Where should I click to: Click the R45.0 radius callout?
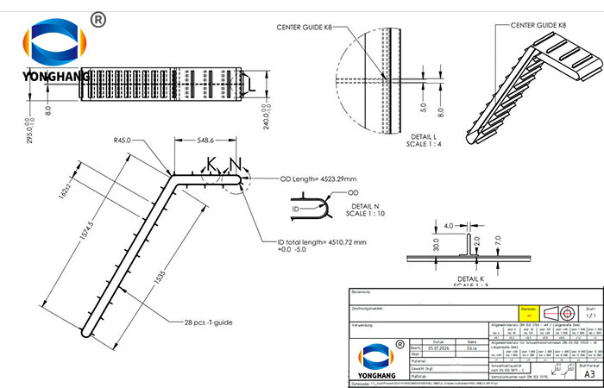pyautogui.click(x=127, y=141)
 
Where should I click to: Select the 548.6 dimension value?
pyautogui.click(x=204, y=140)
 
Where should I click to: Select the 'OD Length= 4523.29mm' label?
pyautogui.click(x=318, y=179)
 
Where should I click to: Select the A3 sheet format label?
pyautogui.click(x=588, y=373)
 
